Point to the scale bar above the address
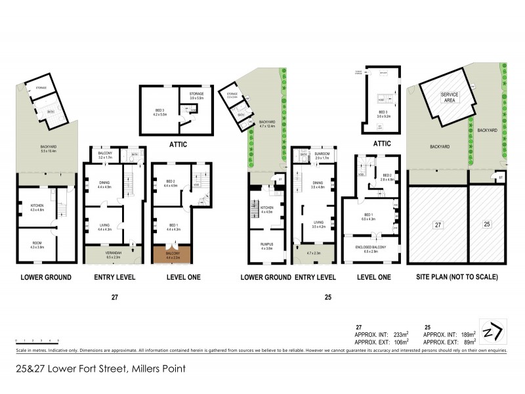37,341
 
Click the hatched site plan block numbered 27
438,224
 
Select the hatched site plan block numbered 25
487,224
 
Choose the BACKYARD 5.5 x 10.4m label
44,148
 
